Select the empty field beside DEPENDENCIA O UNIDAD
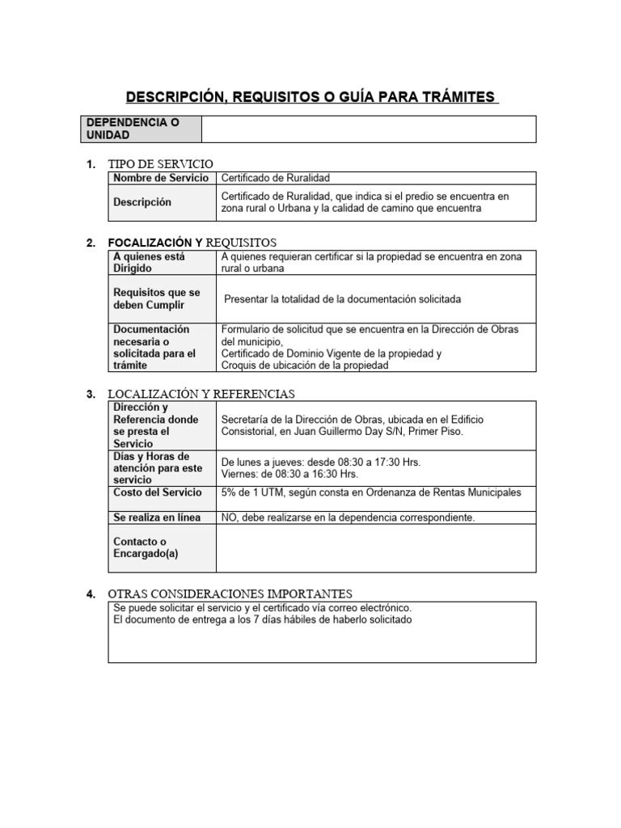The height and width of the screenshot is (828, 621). (x=368, y=129)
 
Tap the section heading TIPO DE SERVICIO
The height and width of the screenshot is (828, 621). (x=161, y=164)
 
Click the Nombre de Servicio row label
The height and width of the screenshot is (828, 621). (x=160, y=178)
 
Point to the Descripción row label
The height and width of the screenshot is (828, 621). (x=142, y=202)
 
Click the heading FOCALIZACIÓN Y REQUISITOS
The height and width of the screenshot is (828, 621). (x=192, y=243)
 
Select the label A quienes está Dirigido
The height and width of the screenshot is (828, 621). (x=150, y=262)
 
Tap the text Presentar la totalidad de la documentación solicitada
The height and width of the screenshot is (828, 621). (x=343, y=299)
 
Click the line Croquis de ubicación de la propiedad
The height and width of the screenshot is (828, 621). (x=305, y=365)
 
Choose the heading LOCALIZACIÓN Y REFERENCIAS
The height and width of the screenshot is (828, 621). (x=201, y=394)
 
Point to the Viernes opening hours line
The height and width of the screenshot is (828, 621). (x=289, y=474)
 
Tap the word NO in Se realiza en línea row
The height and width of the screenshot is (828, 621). (x=229, y=517)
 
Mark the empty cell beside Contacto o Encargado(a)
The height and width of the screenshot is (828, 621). (x=376, y=547)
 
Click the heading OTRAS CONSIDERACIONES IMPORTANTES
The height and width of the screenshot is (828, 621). (x=230, y=594)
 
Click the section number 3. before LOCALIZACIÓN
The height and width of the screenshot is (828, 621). (x=91, y=394)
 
